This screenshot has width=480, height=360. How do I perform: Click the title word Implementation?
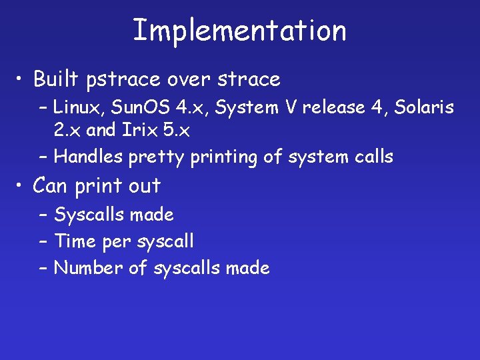coord(239,30)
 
